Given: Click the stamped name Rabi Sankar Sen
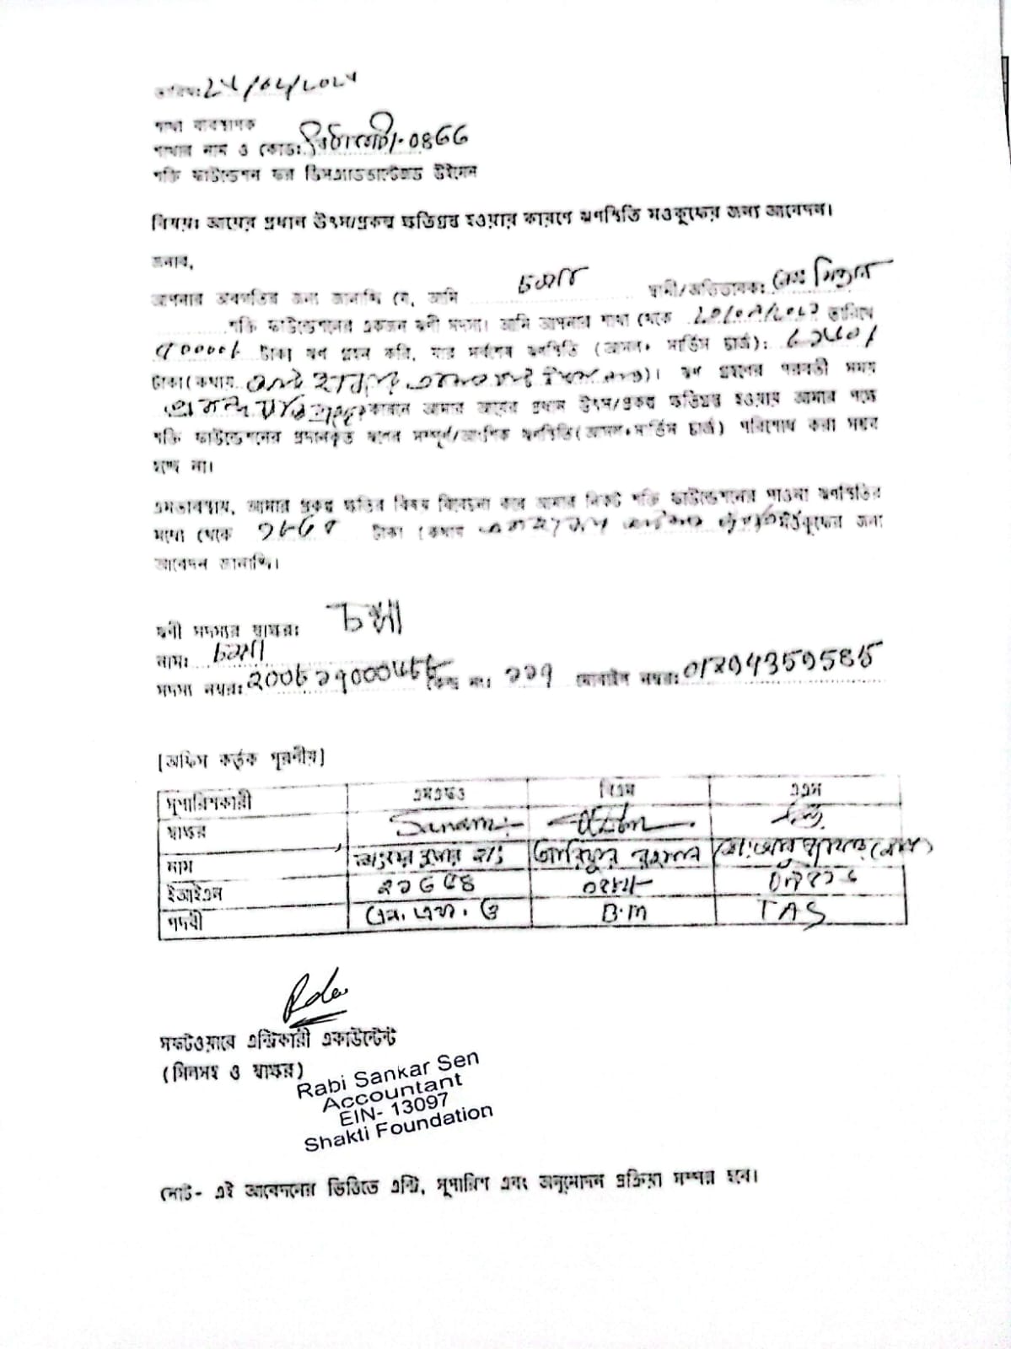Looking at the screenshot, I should pyautogui.click(x=387, y=1072).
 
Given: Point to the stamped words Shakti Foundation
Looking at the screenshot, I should pyautogui.click(x=398, y=1127).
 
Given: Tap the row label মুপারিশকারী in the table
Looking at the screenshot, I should pyautogui.click(x=206, y=802).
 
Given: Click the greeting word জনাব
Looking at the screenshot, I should pyautogui.click(x=172, y=262).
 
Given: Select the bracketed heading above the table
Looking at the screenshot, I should pyautogui.click(x=240, y=757).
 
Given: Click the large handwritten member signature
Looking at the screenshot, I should pyautogui.click(x=365, y=621).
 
